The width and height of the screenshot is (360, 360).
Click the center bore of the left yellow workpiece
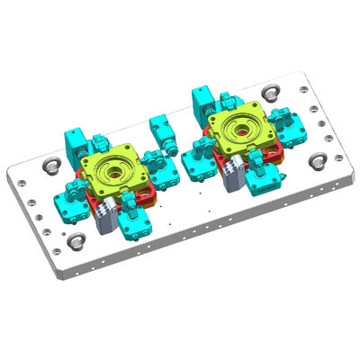pos(115,168)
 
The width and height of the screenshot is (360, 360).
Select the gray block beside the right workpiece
pos(233,170)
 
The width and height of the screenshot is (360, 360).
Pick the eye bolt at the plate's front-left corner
pos(78,242)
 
